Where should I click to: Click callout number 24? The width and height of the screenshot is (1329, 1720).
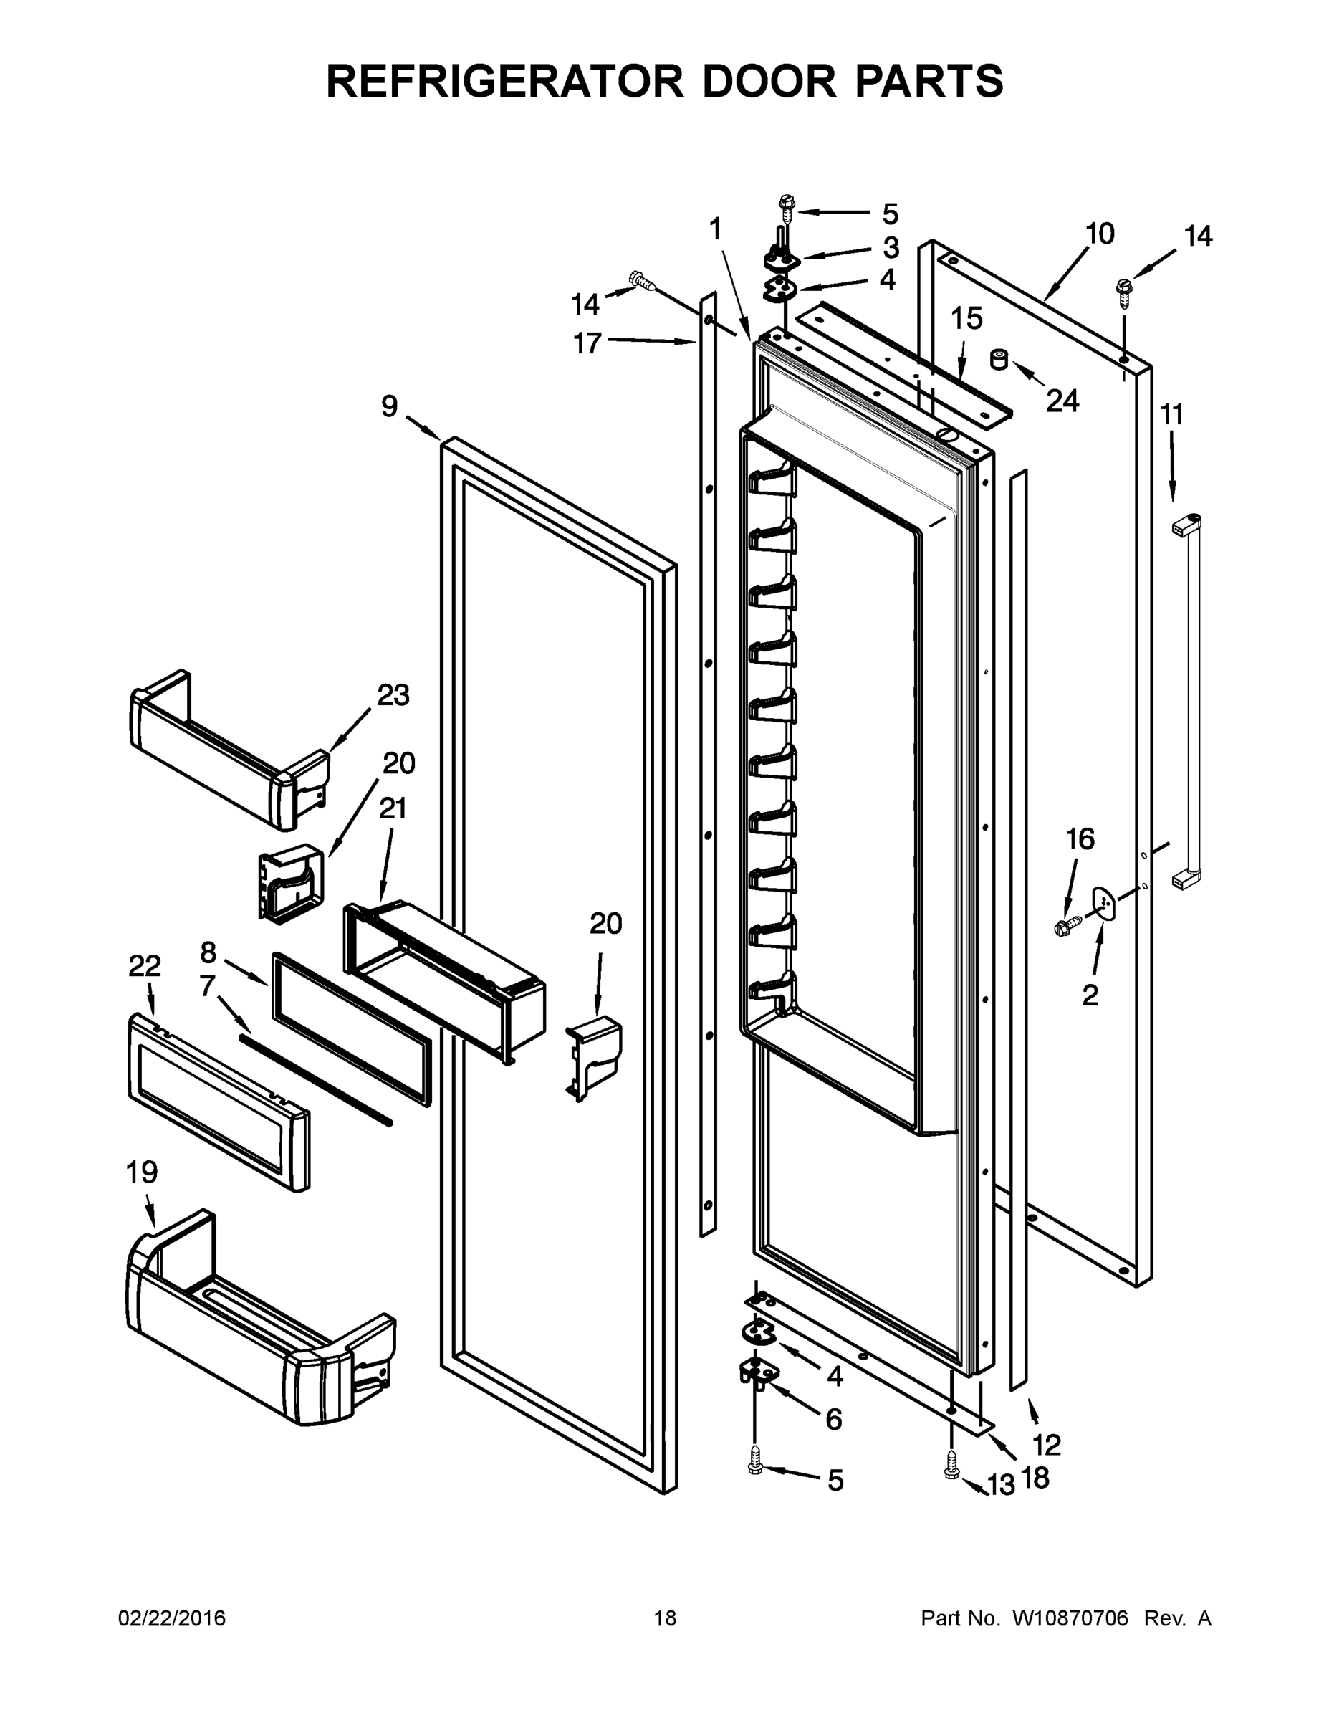[1061, 401]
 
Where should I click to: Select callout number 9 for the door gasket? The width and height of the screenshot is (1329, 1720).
[390, 406]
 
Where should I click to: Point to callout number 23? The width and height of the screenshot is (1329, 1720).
[393, 694]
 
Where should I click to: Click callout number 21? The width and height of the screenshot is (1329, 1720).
[392, 808]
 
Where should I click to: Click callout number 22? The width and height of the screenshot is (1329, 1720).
[145, 965]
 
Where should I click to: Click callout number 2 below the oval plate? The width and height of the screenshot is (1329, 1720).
[1090, 995]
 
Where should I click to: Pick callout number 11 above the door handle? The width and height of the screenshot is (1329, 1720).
[1171, 414]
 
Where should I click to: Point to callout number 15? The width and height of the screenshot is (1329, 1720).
[966, 319]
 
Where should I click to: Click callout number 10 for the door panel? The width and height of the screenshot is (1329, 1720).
[1100, 234]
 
